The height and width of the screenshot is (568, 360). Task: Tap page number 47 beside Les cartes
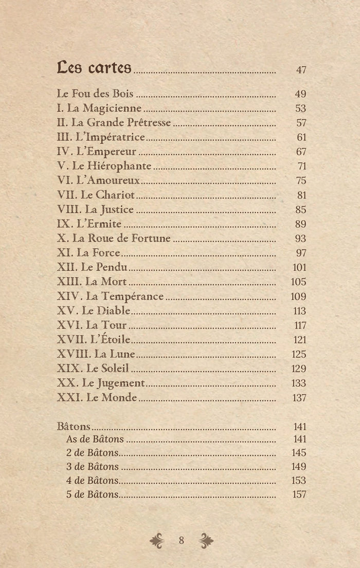(x=301, y=70)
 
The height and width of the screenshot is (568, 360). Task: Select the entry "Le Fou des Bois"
(x=95, y=94)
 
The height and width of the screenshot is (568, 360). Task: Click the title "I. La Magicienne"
(x=99, y=108)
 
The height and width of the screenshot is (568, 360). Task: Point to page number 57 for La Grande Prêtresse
(x=301, y=123)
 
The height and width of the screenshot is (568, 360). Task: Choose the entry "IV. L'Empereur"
(x=96, y=152)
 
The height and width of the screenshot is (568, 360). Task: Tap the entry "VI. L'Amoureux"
(x=98, y=180)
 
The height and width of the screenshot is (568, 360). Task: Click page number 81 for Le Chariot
(x=301, y=195)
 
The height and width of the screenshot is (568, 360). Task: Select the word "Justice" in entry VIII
(x=116, y=210)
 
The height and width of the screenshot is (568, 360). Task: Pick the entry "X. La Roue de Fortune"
(x=113, y=239)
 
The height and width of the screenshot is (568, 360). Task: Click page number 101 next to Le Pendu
(x=299, y=267)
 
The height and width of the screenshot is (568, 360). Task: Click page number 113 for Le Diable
(x=299, y=311)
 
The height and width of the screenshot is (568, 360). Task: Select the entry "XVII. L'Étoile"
(x=93, y=340)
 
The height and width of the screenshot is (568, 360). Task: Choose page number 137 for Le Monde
(x=299, y=397)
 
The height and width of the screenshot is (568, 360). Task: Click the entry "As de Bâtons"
(x=95, y=439)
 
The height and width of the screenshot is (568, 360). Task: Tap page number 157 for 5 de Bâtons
(x=299, y=494)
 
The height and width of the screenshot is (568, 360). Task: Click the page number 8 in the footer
(x=181, y=540)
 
